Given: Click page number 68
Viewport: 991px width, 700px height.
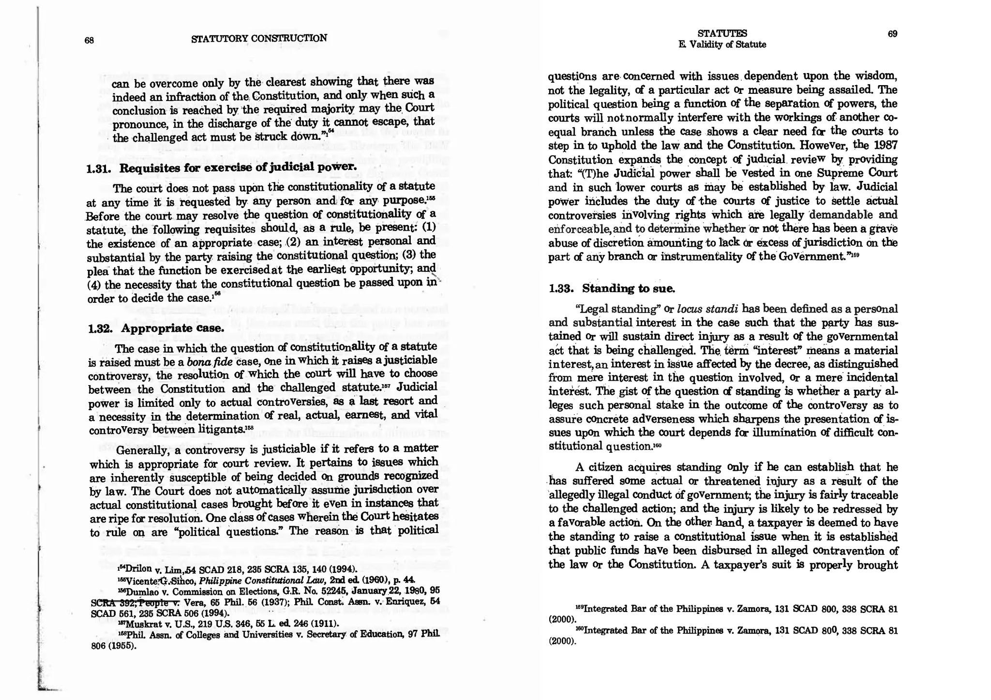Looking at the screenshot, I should click(x=89, y=40).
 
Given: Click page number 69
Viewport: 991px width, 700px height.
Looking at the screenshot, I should click(x=892, y=33).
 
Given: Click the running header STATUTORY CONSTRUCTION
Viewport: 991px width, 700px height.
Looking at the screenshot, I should click(x=259, y=38).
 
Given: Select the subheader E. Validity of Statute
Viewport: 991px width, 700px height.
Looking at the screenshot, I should click(x=722, y=45).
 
